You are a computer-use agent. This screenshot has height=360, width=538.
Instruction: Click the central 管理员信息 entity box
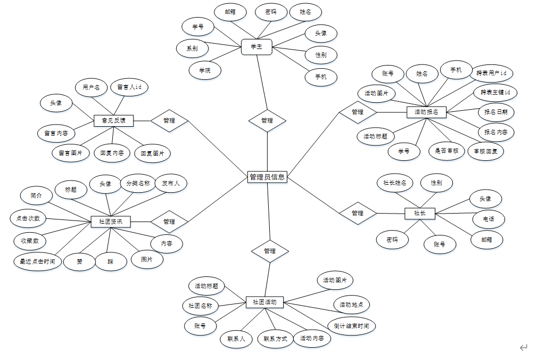[x=267, y=177]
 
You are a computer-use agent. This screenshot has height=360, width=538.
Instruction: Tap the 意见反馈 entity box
[x=113, y=121]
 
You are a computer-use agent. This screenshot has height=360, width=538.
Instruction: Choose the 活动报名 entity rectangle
[x=426, y=112]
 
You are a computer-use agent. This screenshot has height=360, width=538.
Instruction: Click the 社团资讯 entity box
[x=111, y=221]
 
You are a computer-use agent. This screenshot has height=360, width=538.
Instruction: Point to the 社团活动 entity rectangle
[x=264, y=302]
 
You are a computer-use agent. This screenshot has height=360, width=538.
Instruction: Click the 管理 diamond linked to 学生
[x=267, y=121]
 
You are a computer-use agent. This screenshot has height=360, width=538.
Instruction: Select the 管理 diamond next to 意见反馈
[x=169, y=121]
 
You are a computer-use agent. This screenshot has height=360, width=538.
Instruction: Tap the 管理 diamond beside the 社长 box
[x=358, y=213]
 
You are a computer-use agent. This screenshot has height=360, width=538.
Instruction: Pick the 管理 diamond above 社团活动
[x=270, y=251]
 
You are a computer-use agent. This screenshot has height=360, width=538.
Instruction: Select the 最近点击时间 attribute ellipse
[x=37, y=261]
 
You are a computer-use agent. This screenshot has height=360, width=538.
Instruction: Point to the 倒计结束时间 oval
[x=351, y=326]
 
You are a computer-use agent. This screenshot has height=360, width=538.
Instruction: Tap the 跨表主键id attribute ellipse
[x=495, y=92]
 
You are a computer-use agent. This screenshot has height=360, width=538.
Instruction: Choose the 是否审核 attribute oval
[x=446, y=151]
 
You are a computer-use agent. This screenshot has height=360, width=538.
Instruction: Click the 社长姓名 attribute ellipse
[x=395, y=183]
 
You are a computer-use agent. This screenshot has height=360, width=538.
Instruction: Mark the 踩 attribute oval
[x=111, y=261]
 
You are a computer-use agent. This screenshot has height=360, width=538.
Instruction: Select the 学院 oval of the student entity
[x=205, y=70]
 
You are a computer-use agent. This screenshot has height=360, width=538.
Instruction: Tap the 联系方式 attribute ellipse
[x=275, y=339]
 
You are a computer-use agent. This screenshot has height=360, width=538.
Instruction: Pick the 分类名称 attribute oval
[x=138, y=183]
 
